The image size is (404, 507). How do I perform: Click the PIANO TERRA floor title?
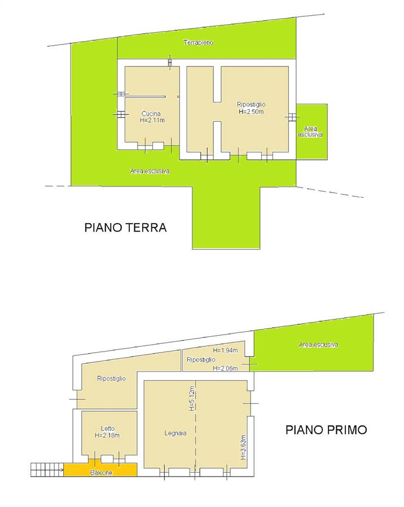125,228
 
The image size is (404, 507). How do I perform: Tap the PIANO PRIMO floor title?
326,430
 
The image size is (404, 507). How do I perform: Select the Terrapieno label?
198,42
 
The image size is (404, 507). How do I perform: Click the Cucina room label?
151,113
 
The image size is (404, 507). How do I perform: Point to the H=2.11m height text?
152,120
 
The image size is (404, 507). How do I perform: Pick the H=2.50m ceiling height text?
251,111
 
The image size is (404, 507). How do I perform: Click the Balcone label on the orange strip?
101,473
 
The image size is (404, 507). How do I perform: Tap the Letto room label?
108,429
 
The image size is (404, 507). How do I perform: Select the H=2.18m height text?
107,435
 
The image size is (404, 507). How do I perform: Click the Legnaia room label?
175,433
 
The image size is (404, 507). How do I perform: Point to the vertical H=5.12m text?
191,399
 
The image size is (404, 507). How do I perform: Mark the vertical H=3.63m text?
243,447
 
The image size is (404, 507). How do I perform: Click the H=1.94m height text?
225,350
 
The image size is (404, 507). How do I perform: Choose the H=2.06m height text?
225,368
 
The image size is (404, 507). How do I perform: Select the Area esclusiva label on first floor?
318,345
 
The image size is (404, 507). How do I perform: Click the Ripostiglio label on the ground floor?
251,104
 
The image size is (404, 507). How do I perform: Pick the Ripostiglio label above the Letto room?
112,379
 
